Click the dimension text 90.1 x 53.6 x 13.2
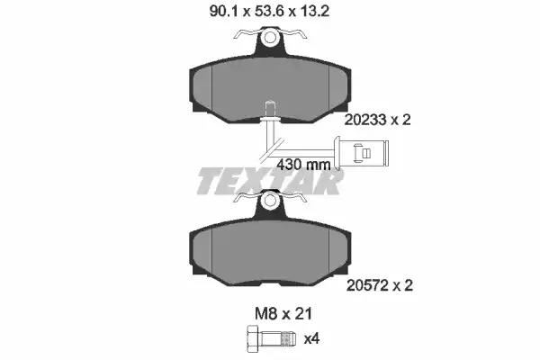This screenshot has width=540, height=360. pos(269,12)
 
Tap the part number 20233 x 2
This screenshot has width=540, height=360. pos(377,120)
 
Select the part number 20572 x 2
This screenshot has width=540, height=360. pos(379,285)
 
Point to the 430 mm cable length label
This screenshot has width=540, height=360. pos(303,165)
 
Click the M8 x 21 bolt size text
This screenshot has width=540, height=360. pos(283,313)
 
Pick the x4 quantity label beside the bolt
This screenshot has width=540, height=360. pos(311,339)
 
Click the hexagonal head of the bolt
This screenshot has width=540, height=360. pos(254,338)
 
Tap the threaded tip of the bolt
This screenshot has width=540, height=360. pos(288,338)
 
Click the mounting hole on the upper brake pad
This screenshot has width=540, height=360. pos(270,37)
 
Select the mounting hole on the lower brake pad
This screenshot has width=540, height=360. pos(270,201)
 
